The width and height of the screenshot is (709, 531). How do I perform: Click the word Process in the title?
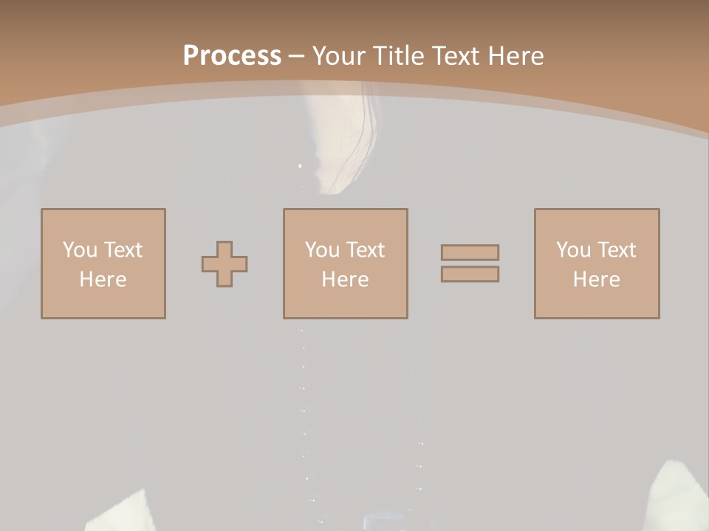coord(232,56)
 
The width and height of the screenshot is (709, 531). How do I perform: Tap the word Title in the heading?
coord(397,56)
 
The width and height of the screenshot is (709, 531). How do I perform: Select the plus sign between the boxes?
coord(225,264)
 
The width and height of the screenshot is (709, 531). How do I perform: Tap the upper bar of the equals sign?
coord(470,252)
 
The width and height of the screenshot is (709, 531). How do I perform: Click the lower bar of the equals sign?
coord(470,274)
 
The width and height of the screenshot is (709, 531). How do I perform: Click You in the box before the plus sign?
coord(80,250)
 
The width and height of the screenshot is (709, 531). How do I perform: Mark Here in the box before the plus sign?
coord(103,280)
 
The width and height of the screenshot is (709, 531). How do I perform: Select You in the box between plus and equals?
coord(322,250)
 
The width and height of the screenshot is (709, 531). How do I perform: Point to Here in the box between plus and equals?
coord(345,280)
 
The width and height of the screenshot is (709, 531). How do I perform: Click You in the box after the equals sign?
coord(573,250)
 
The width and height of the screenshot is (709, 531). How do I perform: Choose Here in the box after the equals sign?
coord(596,280)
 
